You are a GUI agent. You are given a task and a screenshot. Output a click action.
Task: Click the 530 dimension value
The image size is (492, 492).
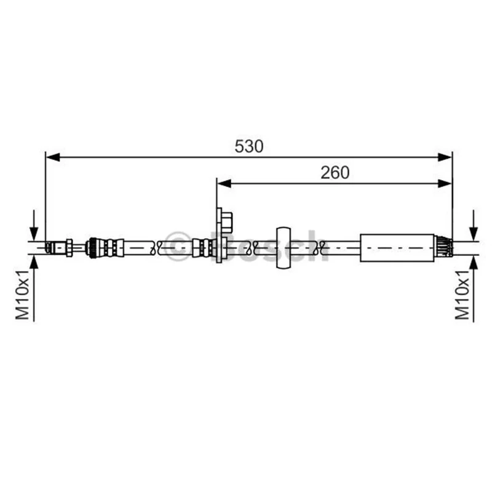(249, 146)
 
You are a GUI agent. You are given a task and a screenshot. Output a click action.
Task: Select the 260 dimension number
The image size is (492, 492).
(335, 173)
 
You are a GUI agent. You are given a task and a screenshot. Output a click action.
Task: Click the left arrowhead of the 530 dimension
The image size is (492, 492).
(53, 157)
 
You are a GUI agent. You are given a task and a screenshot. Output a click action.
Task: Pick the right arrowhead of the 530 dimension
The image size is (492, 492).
(445, 157)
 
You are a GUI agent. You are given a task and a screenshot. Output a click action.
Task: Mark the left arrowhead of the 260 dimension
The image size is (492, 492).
(224, 183)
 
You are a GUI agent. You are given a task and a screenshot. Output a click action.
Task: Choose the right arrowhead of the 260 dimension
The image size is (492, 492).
(445, 183)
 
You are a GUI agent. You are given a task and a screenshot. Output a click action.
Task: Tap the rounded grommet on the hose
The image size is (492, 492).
(284, 248)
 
